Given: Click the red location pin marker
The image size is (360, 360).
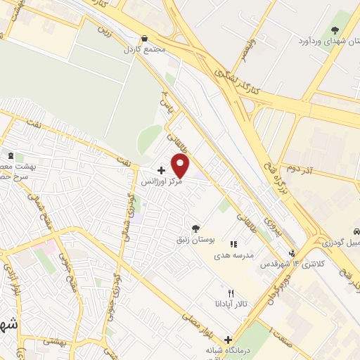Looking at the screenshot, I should [x=181, y=166].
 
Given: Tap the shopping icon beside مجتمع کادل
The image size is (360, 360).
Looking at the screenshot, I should [x=145, y=39].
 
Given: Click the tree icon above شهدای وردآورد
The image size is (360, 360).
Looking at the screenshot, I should [x=334, y=30].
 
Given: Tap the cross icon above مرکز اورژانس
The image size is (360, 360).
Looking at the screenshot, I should [x=162, y=170].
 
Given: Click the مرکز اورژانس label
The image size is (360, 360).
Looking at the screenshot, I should [x=162, y=182].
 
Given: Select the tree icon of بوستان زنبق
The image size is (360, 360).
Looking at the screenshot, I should [x=195, y=228].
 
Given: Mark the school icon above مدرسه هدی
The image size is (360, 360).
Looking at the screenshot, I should [x=233, y=243].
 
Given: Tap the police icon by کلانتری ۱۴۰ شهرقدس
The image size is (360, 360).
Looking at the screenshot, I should [x=292, y=253].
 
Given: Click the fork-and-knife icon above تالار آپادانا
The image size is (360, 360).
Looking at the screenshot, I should [x=230, y=292].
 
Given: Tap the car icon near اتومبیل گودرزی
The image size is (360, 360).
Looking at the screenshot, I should [x=356, y=231].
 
